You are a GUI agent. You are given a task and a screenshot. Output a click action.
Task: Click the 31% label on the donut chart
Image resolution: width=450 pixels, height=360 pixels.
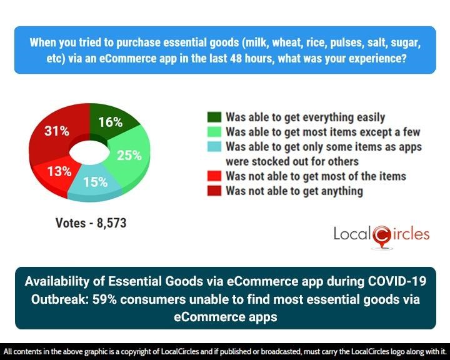click(56, 131)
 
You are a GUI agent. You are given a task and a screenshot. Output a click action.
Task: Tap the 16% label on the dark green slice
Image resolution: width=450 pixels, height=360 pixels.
click(110, 122)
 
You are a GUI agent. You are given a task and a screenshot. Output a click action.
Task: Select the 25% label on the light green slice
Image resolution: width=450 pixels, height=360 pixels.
click(129, 155)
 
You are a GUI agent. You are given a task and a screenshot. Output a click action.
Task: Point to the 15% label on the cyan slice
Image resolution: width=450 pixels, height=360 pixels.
click(95, 183)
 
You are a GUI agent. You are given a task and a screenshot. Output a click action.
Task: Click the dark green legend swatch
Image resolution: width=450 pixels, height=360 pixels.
click(214, 117)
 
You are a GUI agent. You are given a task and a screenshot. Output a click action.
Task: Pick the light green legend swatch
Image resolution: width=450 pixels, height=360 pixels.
click(214, 132)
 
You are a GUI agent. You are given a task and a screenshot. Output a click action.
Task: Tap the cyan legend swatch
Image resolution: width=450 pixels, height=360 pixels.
click(214, 147)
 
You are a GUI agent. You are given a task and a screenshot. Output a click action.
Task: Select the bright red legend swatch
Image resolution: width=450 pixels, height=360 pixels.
click(214, 176)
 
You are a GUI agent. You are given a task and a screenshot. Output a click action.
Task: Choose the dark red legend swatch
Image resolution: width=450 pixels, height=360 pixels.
click(214, 191)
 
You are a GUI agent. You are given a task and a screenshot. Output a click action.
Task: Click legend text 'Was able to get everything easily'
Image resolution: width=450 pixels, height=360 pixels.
click(305, 117)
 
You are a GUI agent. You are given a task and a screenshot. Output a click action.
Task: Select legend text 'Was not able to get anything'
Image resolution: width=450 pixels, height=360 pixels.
click(294, 191)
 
